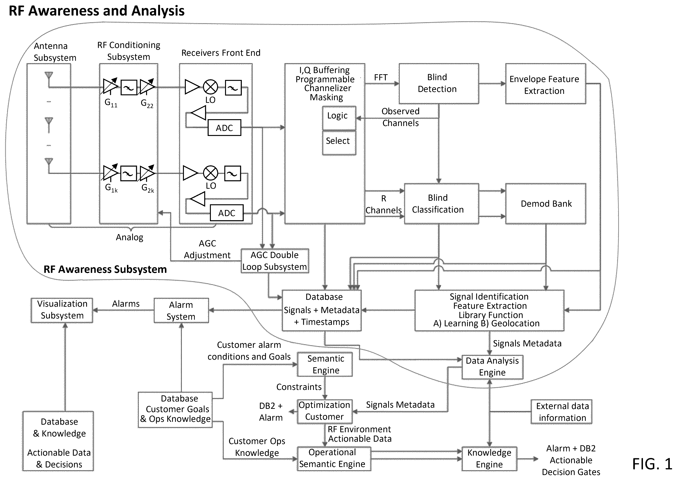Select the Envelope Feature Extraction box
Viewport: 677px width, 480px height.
(546, 84)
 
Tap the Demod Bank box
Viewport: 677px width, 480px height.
(546, 204)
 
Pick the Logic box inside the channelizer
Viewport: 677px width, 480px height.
(339, 118)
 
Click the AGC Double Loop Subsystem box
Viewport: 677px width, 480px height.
(275, 261)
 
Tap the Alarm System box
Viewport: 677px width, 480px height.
(181, 310)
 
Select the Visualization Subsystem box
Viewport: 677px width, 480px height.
(62, 310)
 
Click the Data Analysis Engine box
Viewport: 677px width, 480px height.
(492, 367)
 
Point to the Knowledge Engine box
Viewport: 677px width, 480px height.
(489, 458)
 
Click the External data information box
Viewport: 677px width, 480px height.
(561, 412)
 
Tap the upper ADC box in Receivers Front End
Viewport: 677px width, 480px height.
(224, 128)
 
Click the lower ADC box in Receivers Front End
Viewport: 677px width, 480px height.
(227, 213)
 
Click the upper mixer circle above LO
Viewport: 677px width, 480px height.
(210, 87)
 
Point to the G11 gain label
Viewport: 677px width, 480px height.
(111, 103)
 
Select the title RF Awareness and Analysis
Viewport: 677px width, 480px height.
(97, 11)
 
